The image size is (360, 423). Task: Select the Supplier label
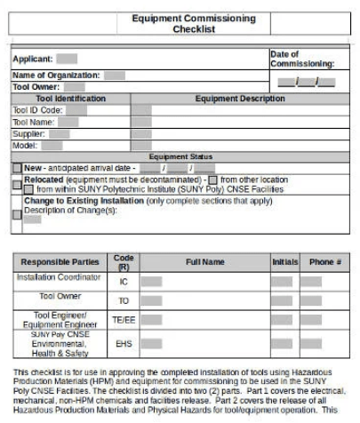point(28,133)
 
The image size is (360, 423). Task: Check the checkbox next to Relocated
point(17,184)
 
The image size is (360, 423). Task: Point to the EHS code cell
point(124,341)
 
